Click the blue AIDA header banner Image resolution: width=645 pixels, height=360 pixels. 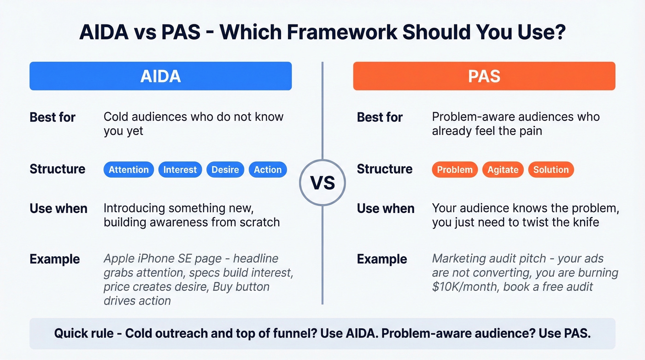(160, 76)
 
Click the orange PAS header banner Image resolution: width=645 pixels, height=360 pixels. (484, 76)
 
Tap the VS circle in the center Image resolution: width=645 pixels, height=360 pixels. (322, 183)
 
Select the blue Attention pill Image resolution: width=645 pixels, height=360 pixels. (129, 170)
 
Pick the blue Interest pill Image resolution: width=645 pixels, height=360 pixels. (180, 170)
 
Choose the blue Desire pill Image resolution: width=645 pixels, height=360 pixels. (225, 170)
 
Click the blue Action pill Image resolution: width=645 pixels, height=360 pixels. (267, 170)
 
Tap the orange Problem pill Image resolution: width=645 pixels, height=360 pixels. (455, 170)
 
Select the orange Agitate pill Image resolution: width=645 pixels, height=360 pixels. (503, 170)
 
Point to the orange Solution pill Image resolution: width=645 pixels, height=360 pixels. (551, 170)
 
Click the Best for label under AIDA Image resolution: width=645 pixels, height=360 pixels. (53, 117)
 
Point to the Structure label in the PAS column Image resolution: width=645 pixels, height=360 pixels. (384, 169)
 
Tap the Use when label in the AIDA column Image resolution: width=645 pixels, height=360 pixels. (59, 208)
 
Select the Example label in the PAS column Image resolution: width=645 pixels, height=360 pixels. (381, 259)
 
